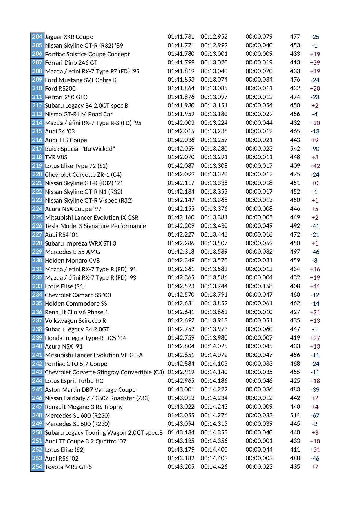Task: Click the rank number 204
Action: (37, 37)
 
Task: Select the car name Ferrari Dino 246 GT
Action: (71, 63)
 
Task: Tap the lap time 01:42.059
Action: (181, 149)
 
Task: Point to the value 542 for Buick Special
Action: (295, 149)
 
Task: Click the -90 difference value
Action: (315, 149)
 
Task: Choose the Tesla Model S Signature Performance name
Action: (95, 226)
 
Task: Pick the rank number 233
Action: (37, 286)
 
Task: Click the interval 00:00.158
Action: (259, 286)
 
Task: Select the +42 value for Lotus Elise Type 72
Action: (315, 166)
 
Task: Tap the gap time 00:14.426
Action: (214, 467)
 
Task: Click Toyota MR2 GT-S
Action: (68, 467)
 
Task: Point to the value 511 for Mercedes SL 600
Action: (295, 415)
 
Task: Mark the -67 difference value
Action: (315, 416)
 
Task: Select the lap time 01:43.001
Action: (181, 389)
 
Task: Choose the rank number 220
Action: (37, 174)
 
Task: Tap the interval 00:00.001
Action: (259, 441)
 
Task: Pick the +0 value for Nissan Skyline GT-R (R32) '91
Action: (315, 183)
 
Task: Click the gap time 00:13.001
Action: (214, 54)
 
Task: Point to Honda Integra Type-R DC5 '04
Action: (86, 338)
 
